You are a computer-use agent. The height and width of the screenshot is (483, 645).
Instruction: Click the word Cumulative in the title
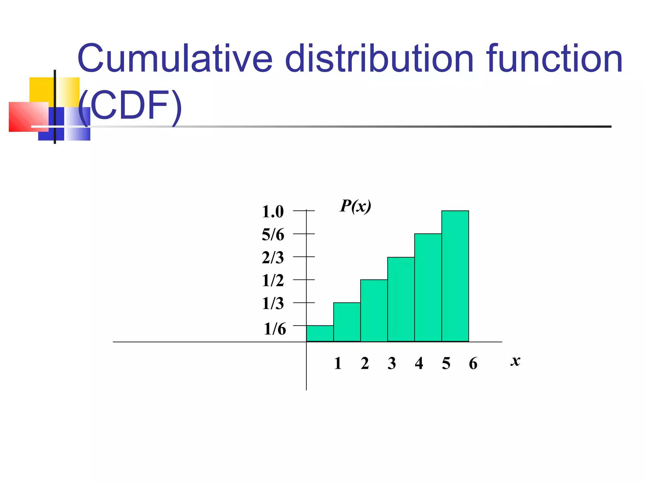[x=175, y=58]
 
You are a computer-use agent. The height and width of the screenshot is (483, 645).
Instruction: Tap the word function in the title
[x=554, y=58]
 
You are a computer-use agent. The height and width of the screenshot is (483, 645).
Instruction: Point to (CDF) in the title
[x=130, y=105]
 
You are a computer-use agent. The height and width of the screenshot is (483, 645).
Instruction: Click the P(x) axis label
[x=356, y=207]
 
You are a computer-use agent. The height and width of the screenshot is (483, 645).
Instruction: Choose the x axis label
[x=515, y=361]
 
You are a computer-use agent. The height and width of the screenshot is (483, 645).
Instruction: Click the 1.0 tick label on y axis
[x=273, y=212]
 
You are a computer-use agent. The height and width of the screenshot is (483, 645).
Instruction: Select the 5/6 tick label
[x=273, y=235]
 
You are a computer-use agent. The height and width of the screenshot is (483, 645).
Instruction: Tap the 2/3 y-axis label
[x=273, y=258]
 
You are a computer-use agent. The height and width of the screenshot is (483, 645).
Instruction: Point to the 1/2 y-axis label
[x=273, y=280]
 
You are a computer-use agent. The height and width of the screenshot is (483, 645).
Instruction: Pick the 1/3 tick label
[x=273, y=303]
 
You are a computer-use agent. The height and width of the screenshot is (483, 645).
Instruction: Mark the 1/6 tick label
[x=275, y=329]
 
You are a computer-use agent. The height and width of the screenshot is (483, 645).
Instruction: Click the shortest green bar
[x=320, y=334]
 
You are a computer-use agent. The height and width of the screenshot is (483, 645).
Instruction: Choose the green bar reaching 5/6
[x=428, y=288]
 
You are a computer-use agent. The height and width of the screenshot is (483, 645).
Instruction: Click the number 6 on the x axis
[x=473, y=364]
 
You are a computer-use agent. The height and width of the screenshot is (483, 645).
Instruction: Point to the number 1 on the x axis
[x=338, y=364]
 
